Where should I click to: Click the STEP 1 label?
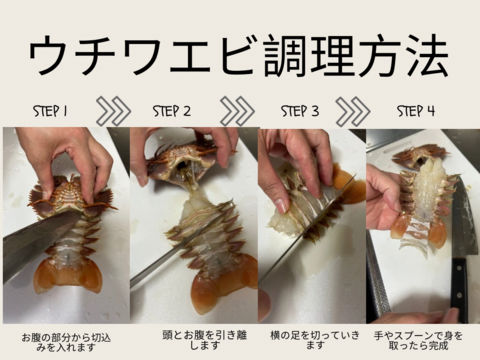[x=49, y=110]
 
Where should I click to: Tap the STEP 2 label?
[x=173, y=110]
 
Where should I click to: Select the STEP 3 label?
[x=299, y=110]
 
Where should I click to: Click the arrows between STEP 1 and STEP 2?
[x=113, y=110]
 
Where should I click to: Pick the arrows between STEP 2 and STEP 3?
[x=237, y=110]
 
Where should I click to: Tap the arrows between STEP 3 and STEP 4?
[x=353, y=110]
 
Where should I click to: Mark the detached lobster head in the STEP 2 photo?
[x=181, y=160]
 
